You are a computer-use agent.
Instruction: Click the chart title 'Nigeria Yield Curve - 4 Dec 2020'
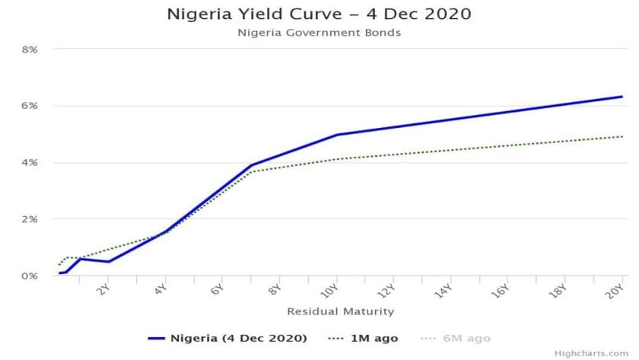pos(319,14)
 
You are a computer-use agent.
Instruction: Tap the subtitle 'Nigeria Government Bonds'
pos(319,33)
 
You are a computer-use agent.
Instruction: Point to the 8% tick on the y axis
pos(29,49)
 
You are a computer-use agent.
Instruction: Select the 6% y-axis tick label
pos(29,106)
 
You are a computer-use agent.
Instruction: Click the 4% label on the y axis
pos(29,163)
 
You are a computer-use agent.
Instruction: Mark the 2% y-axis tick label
pos(29,219)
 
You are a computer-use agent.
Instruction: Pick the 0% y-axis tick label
pos(29,276)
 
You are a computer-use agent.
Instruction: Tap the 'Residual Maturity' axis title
pos(340,311)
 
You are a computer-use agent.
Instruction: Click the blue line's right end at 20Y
pos(622,97)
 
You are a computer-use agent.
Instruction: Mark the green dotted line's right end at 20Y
pos(622,137)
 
